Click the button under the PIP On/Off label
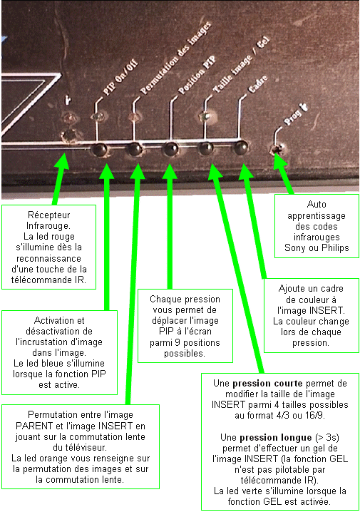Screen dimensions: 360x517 99,150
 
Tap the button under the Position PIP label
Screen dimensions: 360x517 171,149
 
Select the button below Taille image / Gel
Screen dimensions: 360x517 206,148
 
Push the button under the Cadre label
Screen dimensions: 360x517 241,148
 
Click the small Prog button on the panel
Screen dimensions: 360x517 277,150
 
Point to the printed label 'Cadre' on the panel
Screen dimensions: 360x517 257,84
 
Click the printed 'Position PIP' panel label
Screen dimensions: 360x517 197,75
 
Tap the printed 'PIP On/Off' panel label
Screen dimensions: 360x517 120,78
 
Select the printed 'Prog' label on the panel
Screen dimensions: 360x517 292,118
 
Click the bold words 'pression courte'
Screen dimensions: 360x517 267,384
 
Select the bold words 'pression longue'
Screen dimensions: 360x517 276,438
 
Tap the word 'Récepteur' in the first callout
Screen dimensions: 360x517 48,215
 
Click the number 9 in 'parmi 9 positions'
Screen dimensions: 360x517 177,342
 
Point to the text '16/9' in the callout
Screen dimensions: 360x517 315,415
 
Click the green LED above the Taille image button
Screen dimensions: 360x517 205,116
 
